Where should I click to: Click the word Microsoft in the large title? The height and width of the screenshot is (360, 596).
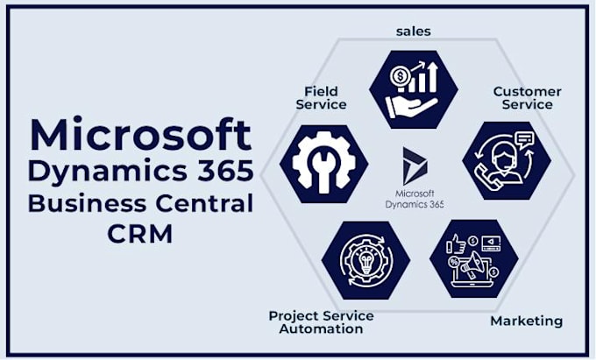[x=140, y=134]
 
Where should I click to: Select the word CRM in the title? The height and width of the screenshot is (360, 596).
[x=140, y=235]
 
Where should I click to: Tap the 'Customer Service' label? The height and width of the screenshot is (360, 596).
[x=527, y=97]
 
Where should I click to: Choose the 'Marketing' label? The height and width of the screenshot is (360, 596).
[x=526, y=321]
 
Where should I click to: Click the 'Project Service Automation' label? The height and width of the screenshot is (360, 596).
[x=321, y=321]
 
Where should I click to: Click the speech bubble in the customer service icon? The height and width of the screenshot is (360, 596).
[x=524, y=138]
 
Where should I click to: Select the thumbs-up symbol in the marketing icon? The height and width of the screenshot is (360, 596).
[x=459, y=241]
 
